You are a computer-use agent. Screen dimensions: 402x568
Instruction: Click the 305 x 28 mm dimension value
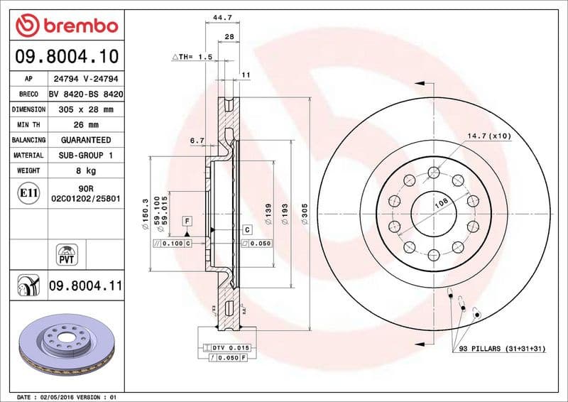[85, 109]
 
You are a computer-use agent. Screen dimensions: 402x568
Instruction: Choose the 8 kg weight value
[85, 170]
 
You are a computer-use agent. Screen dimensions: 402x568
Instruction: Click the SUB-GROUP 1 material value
[85, 155]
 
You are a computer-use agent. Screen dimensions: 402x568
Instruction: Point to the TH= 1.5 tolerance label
[193, 56]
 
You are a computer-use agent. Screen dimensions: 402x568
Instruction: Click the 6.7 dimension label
[197, 141]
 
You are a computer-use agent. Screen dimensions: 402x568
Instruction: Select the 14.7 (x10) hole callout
[488, 135]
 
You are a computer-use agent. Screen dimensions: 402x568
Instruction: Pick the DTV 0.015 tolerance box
[228, 347]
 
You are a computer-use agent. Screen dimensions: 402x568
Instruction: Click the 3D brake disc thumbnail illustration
[66, 343]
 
